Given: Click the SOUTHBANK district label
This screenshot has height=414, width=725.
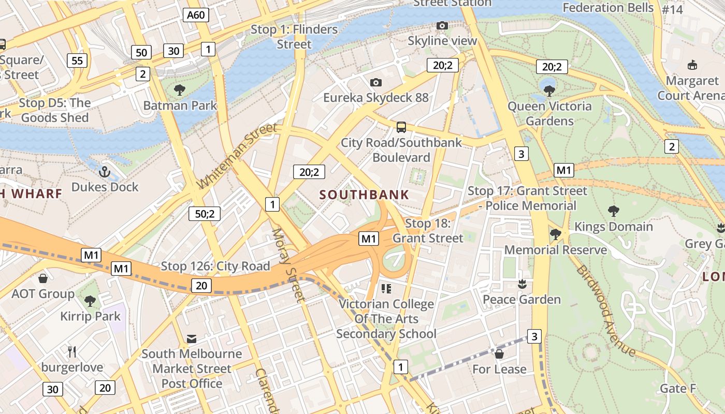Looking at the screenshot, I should tap(364, 195).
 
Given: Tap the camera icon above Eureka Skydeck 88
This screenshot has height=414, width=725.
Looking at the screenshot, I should tap(376, 82).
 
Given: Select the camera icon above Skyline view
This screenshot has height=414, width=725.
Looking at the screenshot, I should tap(442, 25).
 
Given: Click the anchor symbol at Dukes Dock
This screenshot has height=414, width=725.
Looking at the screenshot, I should tap(105, 171).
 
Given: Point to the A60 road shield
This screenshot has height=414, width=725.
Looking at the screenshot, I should tap(196, 15).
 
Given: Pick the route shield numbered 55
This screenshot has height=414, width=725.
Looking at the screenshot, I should tap(77, 61).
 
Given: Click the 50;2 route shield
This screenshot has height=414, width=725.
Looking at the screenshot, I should tap(205, 213).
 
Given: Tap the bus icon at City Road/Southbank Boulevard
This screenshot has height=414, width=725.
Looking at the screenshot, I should tap(401, 127).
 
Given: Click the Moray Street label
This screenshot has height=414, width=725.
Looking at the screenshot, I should tap(288, 264).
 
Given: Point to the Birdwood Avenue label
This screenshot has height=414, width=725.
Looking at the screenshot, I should tap(605, 310).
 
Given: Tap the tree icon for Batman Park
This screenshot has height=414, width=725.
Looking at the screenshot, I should tap(180, 90).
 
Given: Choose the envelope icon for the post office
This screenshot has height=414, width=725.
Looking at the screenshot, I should tap(192, 339).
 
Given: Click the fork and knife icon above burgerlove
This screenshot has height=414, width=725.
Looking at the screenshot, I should tap(72, 352).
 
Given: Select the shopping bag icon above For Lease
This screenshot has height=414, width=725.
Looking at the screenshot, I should tap(499, 354).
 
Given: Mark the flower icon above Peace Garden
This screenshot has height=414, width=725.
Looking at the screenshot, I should tap(521, 284).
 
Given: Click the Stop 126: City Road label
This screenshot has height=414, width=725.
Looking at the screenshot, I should tap(215, 266).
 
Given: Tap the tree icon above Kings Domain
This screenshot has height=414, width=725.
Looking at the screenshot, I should tap(614, 211).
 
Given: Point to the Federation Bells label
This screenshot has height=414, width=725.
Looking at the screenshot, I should tap(608, 7).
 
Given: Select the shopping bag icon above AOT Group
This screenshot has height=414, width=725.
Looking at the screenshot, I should tap(43, 278).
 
